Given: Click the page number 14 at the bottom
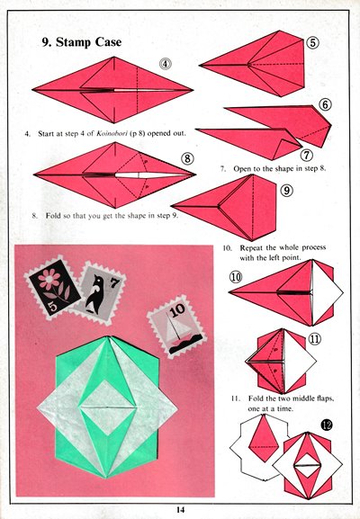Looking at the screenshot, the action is click(x=180, y=510).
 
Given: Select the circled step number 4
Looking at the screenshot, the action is click(x=166, y=64).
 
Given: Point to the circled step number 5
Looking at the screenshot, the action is click(x=312, y=42).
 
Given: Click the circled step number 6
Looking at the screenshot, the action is click(x=325, y=104).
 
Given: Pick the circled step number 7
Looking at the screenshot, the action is click(x=307, y=155).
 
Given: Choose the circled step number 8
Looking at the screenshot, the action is click(x=187, y=158).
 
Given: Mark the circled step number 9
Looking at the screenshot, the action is click(x=287, y=190).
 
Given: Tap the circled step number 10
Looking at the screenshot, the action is click(x=236, y=277).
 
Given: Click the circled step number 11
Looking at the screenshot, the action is click(x=315, y=338).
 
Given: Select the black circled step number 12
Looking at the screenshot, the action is click(x=326, y=425).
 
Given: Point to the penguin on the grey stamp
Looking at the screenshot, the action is click(x=95, y=294).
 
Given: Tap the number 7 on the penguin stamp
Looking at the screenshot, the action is click(x=114, y=283).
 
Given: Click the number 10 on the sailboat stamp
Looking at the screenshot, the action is click(x=177, y=310).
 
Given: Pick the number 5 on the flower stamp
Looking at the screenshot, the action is click(x=54, y=307).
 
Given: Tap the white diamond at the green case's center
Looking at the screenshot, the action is click(x=108, y=407).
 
